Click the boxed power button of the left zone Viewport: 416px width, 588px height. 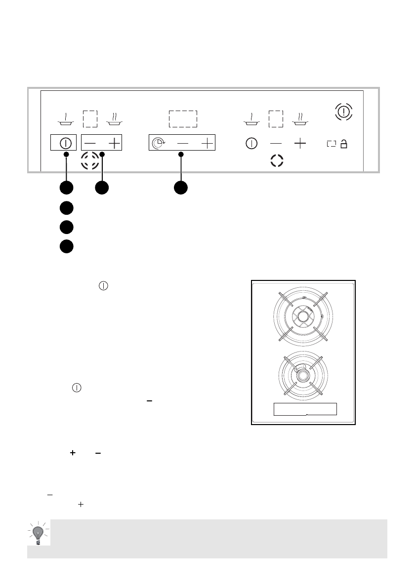pyautogui.click(x=64, y=143)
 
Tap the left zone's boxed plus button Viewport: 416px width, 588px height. pyautogui.click(x=114, y=143)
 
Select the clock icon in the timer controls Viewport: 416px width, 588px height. pyautogui.click(x=157, y=143)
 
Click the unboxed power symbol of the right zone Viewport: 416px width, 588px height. pyautogui.click(x=251, y=144)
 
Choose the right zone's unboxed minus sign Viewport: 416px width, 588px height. pyautogui.click(x=276, y=144)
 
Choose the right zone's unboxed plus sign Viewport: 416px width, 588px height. pyautogui.click(x=300, y=144)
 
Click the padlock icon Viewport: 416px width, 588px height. pyautogui.click(x=344, y=144)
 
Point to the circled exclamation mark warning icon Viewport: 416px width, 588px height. pyautogui.click(x=344, y=112)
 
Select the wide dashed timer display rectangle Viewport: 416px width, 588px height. pyautogui.click(x=183, y=119)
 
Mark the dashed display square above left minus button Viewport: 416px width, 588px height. pyautogui.click(x=90, y=119)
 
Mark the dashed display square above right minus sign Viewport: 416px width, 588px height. pyautogui.click(x=276, y=119)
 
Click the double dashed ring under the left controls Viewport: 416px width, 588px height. pyautogui.click(x=89, y=161)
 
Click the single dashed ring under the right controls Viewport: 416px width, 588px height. pyautogui.click(x=277, y=161)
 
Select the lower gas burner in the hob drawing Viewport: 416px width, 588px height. pyautogui.click(x=300, y=375)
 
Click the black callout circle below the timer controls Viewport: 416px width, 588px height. pyautogui.click(x=180, y=188)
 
